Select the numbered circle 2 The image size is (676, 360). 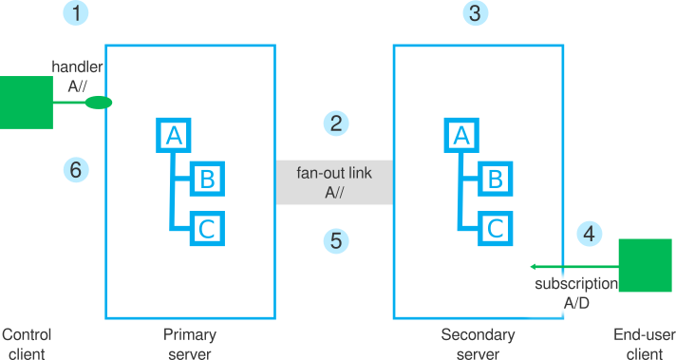click(x=334, y=123)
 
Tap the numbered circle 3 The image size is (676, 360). click(x=474, y=13)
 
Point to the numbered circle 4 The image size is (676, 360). click(x=590, y=233)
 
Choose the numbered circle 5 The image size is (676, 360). click(x=334, y=241)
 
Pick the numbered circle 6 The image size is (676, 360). click(x=77, y=170)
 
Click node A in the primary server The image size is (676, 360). click(x=173, y=136)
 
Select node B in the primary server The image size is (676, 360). click(x=206, y=178)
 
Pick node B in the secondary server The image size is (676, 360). click(x=494, y=178)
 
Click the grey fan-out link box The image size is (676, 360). click(x=334, y=181)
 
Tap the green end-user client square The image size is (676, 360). click(x=645, y=265)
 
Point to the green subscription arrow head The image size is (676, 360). click(x=534, y=266)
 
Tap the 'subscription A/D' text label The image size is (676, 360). click(x=575, y=293)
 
